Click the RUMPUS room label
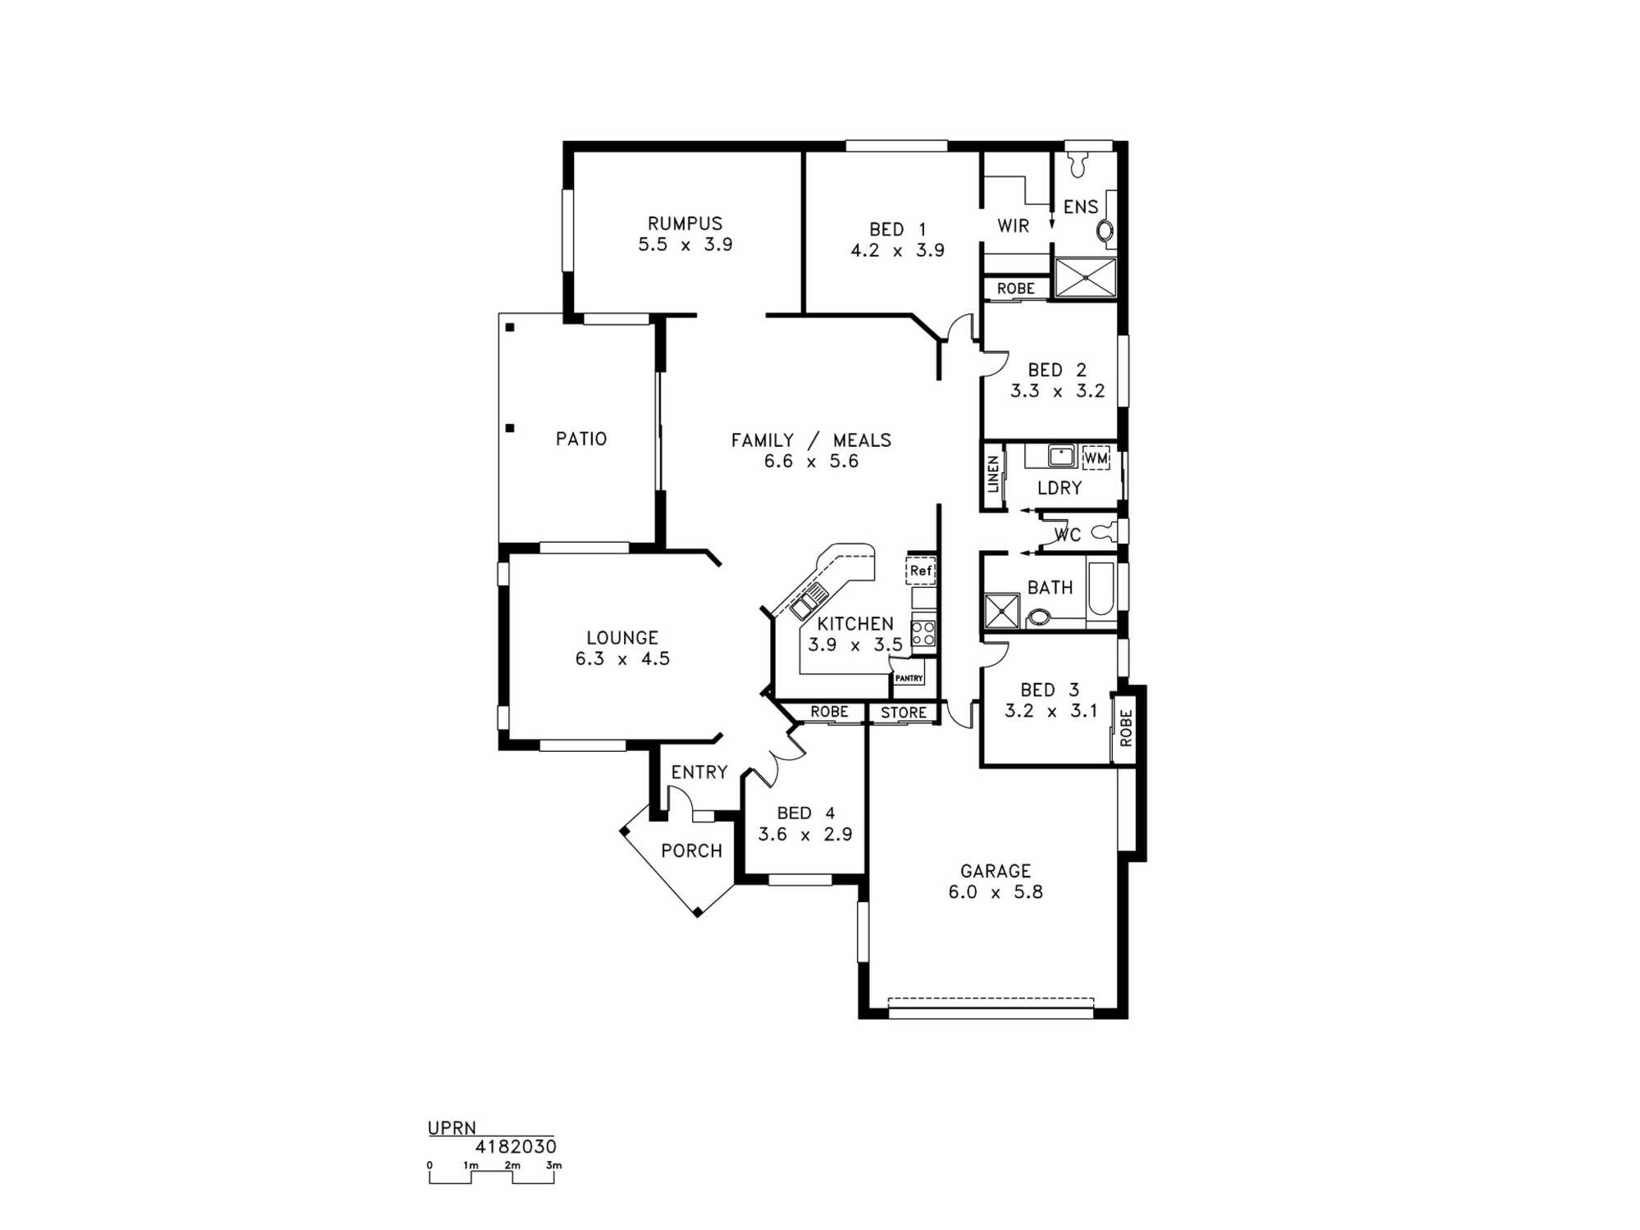685,223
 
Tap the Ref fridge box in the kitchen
921,571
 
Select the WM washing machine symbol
1096,458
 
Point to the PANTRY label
909,678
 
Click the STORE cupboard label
904,713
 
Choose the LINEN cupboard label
994,474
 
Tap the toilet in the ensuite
1077,164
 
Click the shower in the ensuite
1085,278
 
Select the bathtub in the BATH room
1100,589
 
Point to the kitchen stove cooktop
923,633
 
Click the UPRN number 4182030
516,1146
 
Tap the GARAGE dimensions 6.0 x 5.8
995,892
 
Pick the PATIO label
581,439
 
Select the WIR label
1014,225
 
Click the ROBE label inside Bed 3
1125,727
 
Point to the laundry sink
1061,455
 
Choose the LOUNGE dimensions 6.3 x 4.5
622,658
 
